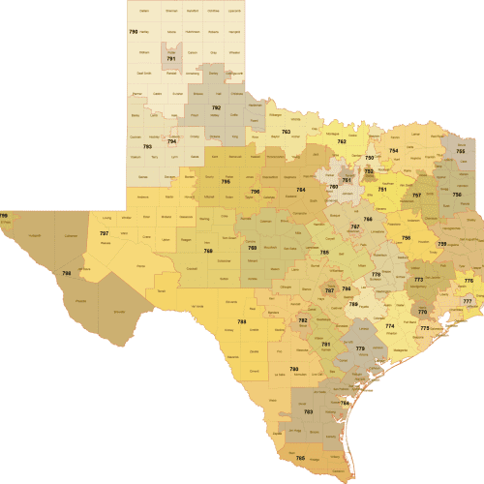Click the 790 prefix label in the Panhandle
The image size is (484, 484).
[134, 32]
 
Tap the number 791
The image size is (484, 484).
[171, 60]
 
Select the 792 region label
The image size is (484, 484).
[217, 107]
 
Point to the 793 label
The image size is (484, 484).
[147, 146]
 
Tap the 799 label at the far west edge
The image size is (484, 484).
[4, 216]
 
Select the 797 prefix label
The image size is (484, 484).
[104, 233]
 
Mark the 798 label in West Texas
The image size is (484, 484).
[67, 273]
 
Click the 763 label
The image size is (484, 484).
[287, 131]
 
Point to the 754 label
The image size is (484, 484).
[394, 151]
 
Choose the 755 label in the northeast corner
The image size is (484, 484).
[461, 151]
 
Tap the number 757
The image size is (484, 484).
[417, 196]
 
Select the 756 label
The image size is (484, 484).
[457, 195]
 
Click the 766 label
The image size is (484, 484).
[368, 220]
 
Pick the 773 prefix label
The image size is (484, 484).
[419, 280]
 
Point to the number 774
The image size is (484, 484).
[390, 326]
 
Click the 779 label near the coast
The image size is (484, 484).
[360, 348]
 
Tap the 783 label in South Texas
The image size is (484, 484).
[308, 412]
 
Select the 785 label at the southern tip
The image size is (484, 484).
[300, 458]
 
